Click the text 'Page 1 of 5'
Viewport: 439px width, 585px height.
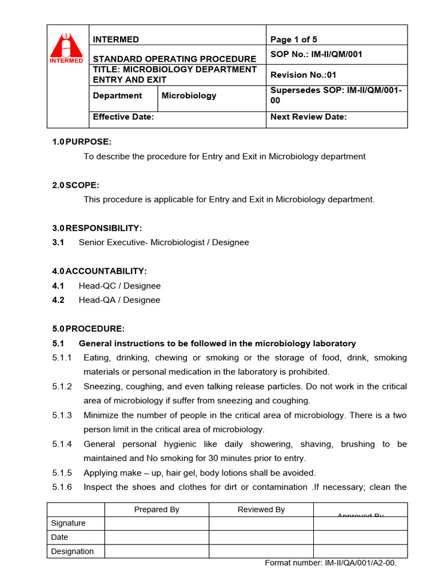[x=293, y=39]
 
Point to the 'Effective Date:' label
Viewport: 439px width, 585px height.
[x=123, y=117]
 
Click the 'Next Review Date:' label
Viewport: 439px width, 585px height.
[x=308, y=117]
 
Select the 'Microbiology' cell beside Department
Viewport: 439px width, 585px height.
[x=189, y=95]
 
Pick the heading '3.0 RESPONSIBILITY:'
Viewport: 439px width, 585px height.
[x=97, y=228]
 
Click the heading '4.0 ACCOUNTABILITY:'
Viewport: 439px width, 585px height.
[x=99, y=271]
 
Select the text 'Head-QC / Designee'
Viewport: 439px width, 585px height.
[x=119, y=286]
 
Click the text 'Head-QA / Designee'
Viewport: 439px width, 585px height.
[x=119, y=300]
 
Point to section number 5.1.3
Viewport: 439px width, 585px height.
[x=62, y=415]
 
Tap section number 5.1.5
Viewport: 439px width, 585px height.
[x=62, y=473]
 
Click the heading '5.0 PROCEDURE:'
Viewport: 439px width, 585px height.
[x=88, y=328]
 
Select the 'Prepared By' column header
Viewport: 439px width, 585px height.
[x=157, y=510]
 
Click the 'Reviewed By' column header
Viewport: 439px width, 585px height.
[x=261, y=510]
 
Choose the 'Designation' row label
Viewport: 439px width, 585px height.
[x=72, y=551]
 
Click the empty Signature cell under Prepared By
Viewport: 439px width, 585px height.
[x=157, y=523]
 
